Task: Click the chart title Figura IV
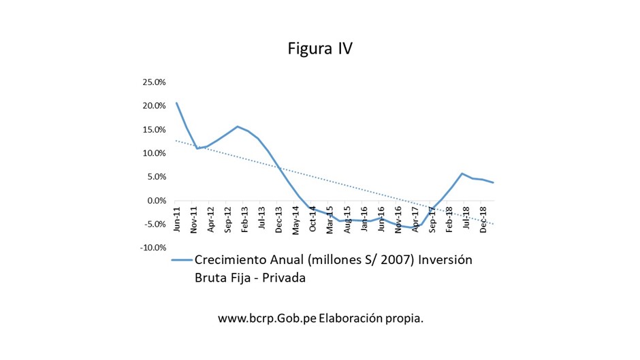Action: pyautogui.click(x=319, y=49)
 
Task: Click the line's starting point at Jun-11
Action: pyautogui.click(x=176, y=103)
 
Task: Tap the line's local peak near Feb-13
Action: pyautogui.click(x=237, y=127)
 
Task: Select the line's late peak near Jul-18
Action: pyautogui.click(x=462, y=174)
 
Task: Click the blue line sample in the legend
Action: pyautogui.click(x=181, y=260)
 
